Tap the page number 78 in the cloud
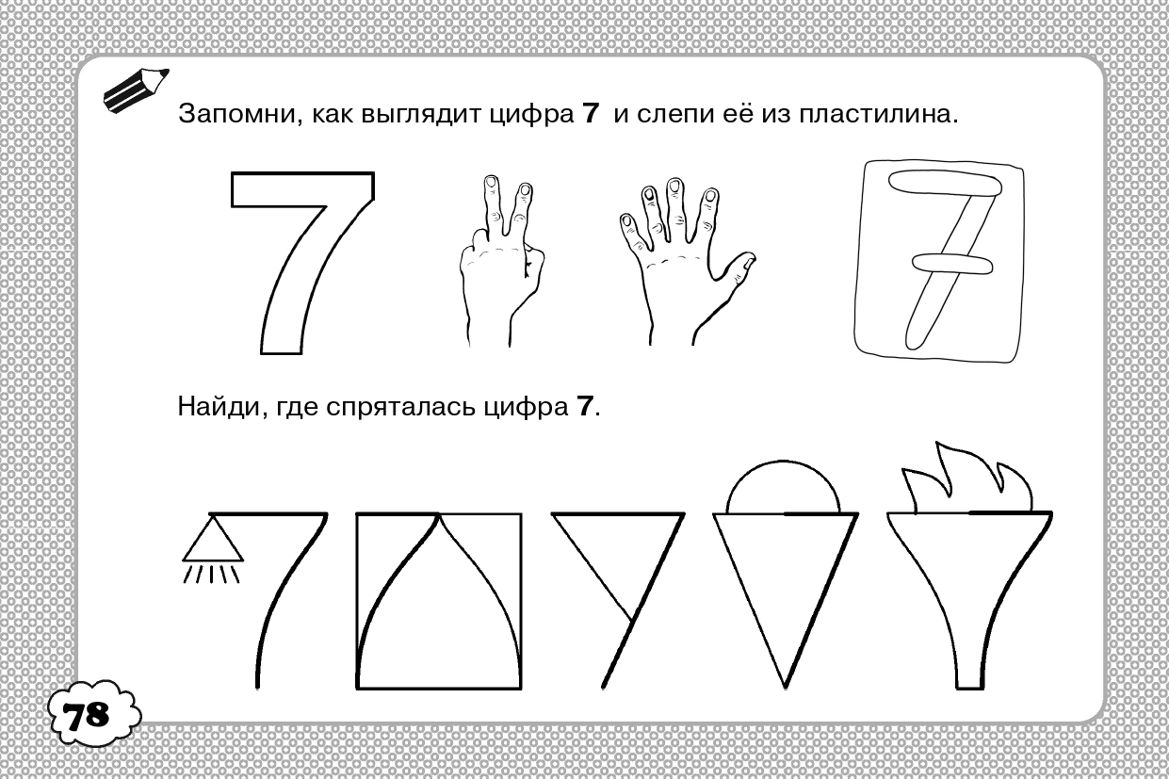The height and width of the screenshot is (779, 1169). (87, 715)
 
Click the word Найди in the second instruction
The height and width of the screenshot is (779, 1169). (219, 406)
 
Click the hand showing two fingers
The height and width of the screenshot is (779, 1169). (501, 261)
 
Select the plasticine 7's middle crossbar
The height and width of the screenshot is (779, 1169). (952, 264)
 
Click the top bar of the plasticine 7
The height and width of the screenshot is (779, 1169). (945, 185)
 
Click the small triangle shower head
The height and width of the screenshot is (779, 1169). (212, 539)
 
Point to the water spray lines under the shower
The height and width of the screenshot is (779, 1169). (211, 575)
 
